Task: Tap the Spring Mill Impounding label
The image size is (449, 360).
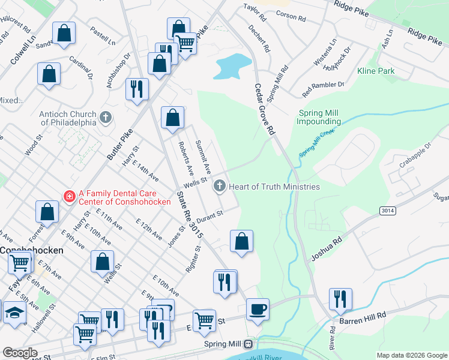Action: click(319, 117)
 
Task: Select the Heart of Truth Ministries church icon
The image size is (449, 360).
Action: click(219, 187)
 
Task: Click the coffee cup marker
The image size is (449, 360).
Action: click(258, 310)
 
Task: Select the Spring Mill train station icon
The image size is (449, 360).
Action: click(247, 344)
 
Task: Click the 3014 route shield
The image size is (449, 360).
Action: click(387, 210)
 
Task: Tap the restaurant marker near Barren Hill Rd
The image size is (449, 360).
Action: click(340, 299)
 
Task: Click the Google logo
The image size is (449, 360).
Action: click(20, 353)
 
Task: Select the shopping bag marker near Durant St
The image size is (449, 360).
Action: click(241, 242)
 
